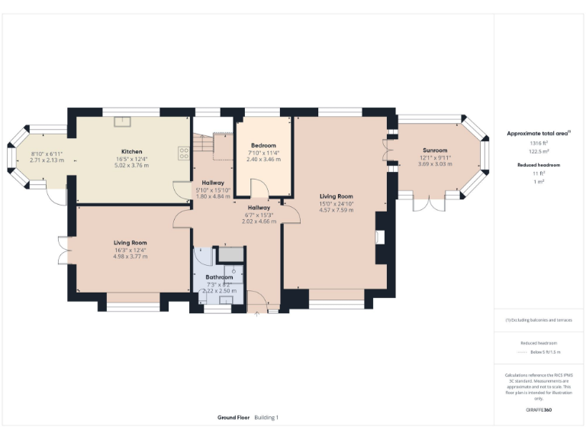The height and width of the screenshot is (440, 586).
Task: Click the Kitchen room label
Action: (132, 151)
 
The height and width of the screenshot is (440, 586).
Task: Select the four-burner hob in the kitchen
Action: (184, 152)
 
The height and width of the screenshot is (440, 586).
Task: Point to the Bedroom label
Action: (263, 145)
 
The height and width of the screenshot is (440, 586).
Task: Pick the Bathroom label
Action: (219, 277)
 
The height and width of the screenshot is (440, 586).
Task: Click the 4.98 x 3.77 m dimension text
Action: (131, 257)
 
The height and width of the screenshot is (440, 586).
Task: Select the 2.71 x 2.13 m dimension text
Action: (46, 160)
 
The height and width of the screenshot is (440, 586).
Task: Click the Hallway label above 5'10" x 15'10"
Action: (213, 183)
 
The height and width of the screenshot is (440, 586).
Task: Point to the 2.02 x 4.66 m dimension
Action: (259, 221)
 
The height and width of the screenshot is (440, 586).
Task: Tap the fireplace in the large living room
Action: (379, 238)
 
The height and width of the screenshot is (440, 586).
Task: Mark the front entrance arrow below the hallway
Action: (258, 312)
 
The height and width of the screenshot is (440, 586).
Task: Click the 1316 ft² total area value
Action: (539, 143)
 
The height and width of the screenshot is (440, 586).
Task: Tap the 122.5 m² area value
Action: (539, 150)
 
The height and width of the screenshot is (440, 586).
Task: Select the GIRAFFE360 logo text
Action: (539, 410)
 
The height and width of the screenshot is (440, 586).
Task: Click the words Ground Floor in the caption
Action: (233, 418)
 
